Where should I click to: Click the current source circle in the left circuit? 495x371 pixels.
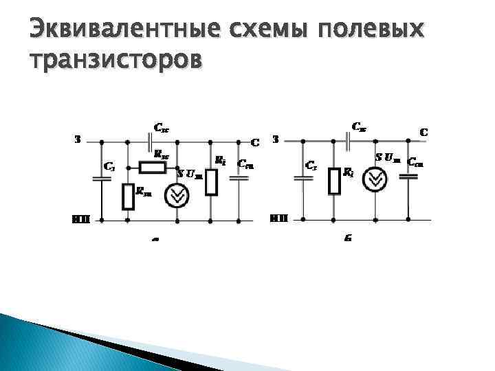177,196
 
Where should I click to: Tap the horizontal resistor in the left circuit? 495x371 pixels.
152,168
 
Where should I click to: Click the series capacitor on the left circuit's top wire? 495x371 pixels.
151,142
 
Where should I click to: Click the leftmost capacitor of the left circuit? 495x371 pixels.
102,179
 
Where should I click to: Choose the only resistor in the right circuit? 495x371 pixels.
335,180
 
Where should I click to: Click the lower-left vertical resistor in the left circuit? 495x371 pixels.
128,196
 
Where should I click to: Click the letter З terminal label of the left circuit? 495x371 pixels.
78,138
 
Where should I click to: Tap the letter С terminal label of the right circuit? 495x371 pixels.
423,131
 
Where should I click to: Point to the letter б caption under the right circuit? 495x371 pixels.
348,238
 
